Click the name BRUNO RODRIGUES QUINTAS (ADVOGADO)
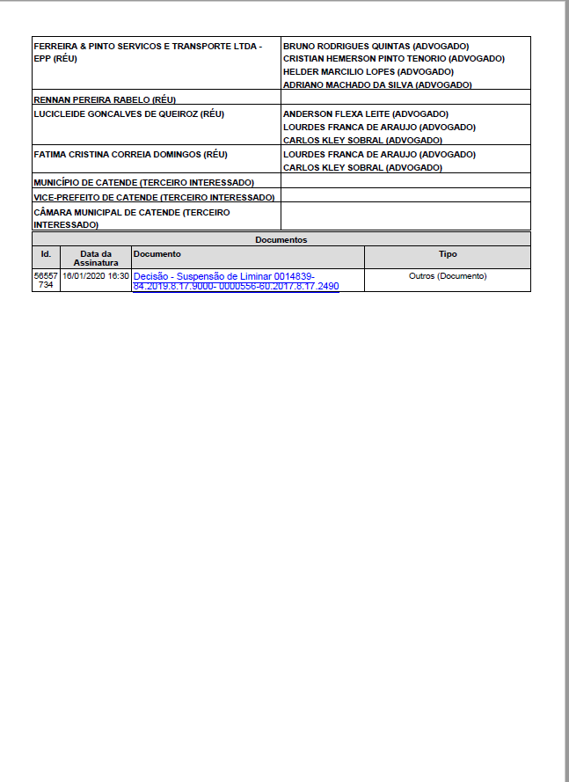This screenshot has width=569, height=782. coord(376,46)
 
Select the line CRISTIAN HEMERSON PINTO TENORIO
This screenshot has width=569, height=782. coord(393,59)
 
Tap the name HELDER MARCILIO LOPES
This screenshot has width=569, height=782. coord(368,72)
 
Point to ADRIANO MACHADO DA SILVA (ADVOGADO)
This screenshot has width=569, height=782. coord(377,85)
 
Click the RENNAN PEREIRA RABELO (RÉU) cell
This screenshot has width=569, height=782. coord(104,99)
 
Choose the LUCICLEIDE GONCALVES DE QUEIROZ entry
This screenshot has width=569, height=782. coord(128,114)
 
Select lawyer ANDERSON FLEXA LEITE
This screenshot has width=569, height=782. coord(365,114)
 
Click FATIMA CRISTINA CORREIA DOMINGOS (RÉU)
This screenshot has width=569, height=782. coord(130,155)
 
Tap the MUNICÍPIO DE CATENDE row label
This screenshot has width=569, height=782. coord(143,182)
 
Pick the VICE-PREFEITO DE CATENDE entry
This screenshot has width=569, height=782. coord(153,197)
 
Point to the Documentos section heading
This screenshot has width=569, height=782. coord(281,239)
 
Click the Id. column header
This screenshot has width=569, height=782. coord(46,254)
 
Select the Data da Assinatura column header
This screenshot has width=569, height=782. coord(95,258)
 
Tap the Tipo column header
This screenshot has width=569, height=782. coord(448,254)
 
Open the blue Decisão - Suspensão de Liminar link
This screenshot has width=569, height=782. coord(235,281)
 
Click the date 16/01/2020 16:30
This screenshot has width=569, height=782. coord(95,276)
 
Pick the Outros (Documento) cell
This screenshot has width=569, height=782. coord(448,276)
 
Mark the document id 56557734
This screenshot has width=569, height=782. coord(46,281)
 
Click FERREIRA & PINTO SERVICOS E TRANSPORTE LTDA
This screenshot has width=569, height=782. coord(147,46)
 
